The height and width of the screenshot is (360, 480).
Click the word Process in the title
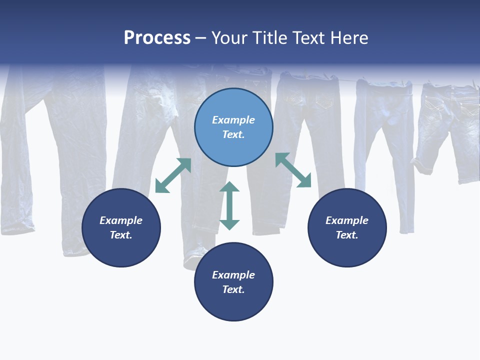pos(157,38)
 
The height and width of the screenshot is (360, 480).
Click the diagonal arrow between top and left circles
pos(173,175)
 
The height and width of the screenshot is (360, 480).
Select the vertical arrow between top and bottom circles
pos(229,205)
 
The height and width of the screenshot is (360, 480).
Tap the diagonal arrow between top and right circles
pos(293,170)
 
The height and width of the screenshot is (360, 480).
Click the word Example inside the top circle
pos(233,120)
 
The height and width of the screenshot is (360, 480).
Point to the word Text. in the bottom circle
pos(233,289)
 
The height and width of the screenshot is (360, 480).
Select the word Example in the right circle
pos(347,220)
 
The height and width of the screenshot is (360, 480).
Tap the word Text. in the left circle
pos(121,235)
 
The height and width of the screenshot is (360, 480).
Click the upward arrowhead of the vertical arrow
pos(229,187)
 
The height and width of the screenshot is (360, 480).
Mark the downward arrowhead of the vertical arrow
pos(229,224)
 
